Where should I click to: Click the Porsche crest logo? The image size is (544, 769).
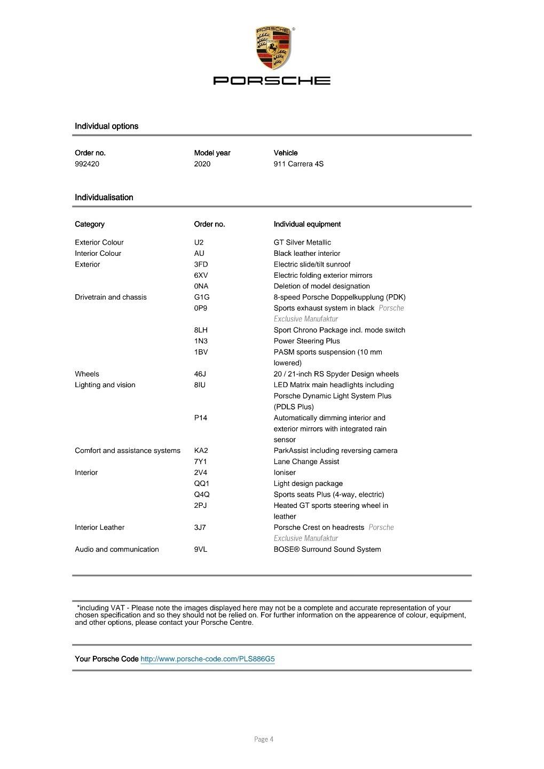click(x=272, y=48)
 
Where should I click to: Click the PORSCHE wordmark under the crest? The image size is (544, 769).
click(x=272, y=81)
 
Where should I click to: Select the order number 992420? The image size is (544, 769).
click(x=87, y=164)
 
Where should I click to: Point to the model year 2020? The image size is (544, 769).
click(x=202, y=164)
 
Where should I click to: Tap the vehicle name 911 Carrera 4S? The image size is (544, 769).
click(x=298, y=164)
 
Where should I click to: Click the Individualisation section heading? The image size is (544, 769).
click(x=104, y=198)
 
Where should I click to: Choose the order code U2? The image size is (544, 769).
click(x=199, y=242)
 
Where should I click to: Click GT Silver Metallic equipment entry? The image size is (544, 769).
click(x=302, y=242)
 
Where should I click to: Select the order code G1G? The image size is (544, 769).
click(x=202, y=297)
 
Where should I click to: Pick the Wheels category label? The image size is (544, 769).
click(x=87, y=374)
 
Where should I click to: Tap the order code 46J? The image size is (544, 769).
click(x=200, y=374)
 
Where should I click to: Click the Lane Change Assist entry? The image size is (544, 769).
click(x=306, y=462)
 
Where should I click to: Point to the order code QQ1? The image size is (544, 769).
click(x=202, y=484)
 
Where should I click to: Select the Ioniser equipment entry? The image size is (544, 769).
click(x=285, y=473)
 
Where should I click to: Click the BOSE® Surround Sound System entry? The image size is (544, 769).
click(x=327, y=550)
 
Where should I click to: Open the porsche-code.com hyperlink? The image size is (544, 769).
click(x=208, y=659)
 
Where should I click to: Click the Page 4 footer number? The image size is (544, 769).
click(x=264, y=740)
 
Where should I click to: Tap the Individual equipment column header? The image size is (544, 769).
click(x=307, y=224)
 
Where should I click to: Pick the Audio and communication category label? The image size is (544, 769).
click(x=117, y=550)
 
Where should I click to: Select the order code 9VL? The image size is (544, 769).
click(x=201, y=550)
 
